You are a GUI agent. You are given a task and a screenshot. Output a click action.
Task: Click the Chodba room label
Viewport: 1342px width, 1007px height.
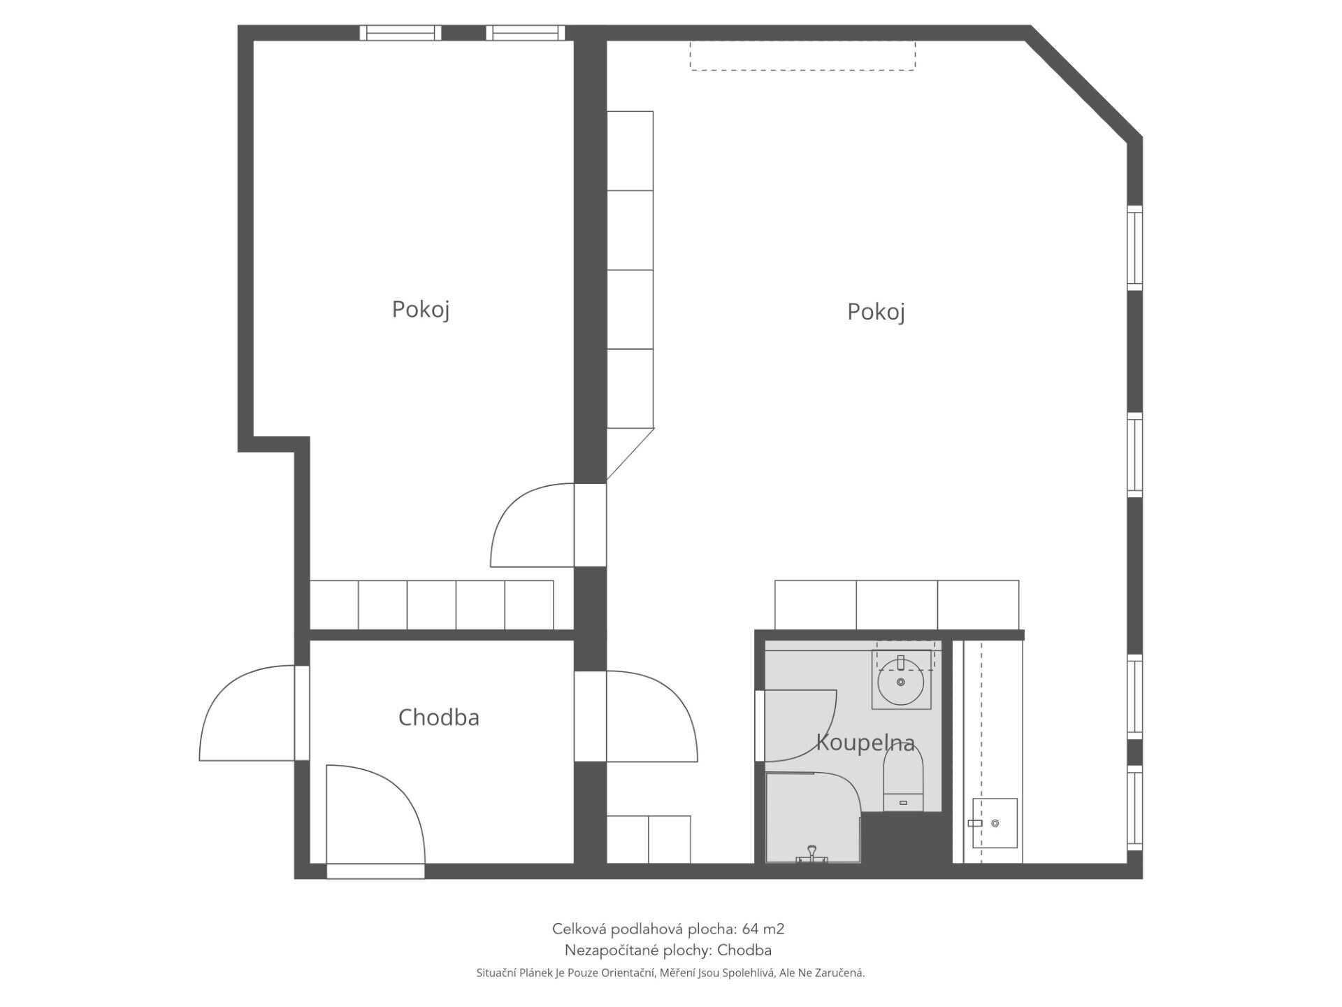[x=438, y=717]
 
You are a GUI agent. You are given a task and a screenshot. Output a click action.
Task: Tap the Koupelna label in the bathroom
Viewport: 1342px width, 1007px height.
[x=865, y=743]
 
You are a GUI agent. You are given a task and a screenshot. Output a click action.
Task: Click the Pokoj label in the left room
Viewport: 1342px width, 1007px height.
[x=420, y=309]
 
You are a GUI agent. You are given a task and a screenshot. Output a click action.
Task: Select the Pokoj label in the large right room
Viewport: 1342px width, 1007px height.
[x=876, y=312]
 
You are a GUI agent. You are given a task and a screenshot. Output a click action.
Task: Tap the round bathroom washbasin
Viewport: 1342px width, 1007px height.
[x=901, y=682]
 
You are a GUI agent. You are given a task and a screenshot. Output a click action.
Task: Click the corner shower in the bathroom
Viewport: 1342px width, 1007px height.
[x=811, y=818]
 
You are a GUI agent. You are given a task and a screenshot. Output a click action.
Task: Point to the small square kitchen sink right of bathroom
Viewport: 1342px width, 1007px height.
[x=995, y=823]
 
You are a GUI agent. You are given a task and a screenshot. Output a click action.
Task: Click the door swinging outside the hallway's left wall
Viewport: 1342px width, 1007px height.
[x=248, y=713]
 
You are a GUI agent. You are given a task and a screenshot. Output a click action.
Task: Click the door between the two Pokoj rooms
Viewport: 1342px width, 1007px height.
[x=531, y=524]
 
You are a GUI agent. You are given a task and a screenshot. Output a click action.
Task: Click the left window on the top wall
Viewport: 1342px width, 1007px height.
[x=401, y=32]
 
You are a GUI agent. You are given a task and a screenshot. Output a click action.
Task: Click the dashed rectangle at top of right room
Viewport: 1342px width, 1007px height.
[x=802, y=55]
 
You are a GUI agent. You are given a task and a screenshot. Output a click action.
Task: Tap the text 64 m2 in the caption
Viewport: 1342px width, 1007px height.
[x=763, y=929]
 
